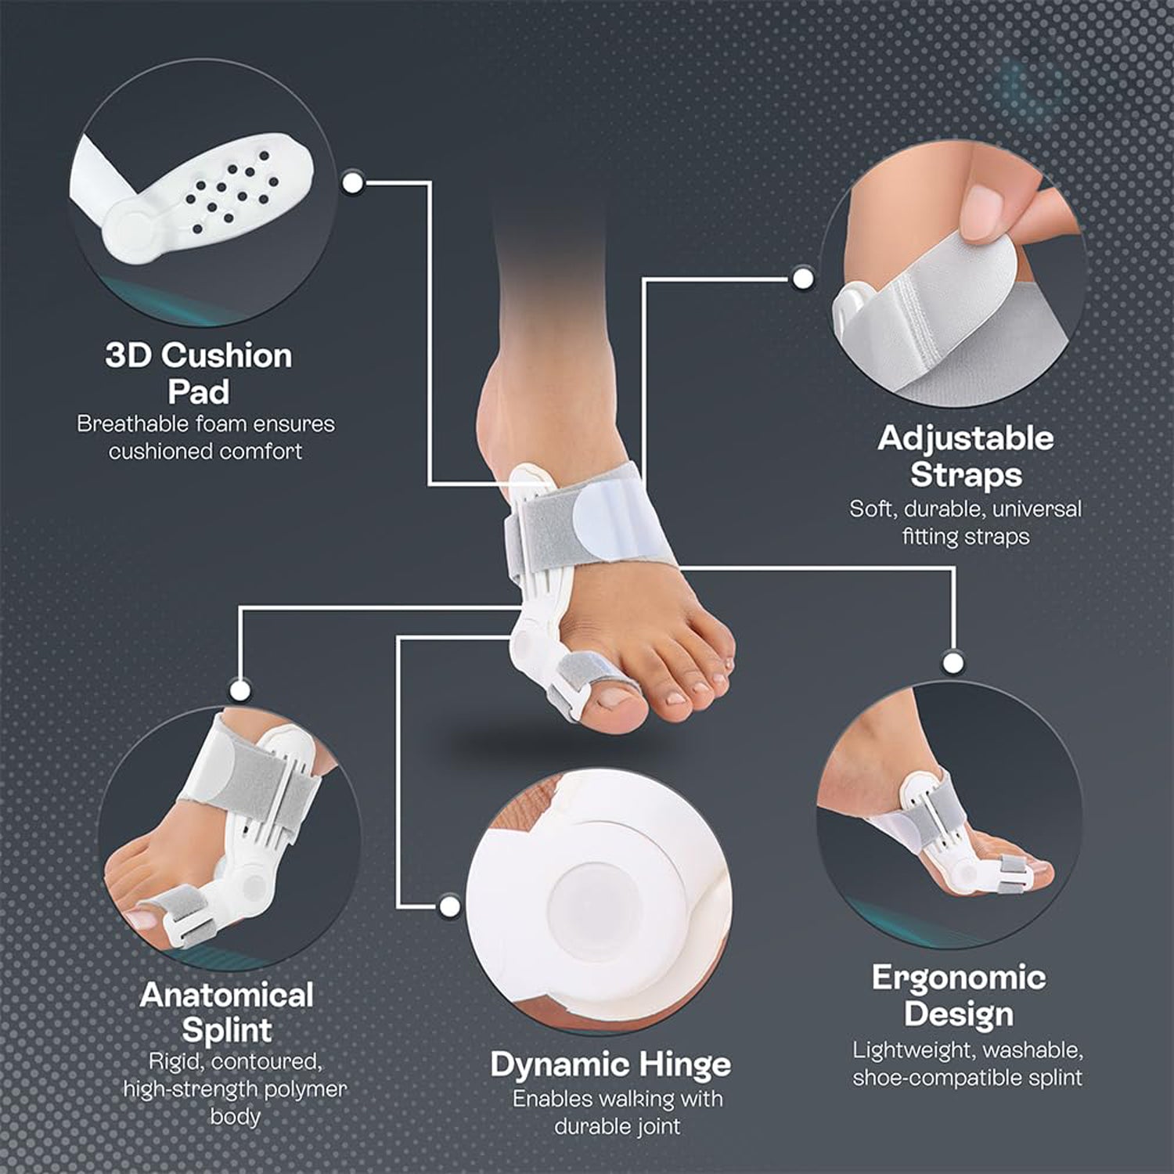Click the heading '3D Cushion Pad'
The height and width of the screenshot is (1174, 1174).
coord(199,373)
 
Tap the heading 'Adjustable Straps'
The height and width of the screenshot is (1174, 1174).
coord(966,456)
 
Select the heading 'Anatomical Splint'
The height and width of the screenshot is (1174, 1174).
coord(227,1012)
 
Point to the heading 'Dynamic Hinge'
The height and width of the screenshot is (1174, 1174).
coord(610,1064)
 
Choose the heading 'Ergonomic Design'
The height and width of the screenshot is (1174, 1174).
coord(959,996)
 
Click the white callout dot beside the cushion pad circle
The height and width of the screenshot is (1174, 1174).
coord(353,183)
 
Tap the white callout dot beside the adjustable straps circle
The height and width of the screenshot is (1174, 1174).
coord(803,279)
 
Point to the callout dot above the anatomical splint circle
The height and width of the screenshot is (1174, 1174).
coord(240,690)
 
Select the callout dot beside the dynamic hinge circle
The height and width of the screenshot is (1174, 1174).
coord(449,906)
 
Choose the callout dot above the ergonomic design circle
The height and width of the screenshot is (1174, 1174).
coord(953,663)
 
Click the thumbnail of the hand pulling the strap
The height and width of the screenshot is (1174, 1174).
coord(981,205)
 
